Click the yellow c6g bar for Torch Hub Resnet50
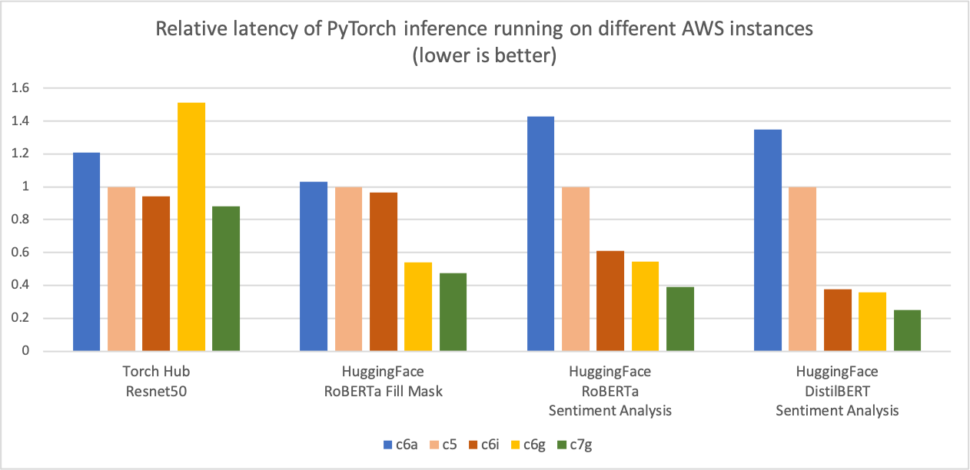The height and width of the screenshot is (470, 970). [191, 227]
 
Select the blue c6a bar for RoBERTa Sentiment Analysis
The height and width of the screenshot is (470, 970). [540, 233]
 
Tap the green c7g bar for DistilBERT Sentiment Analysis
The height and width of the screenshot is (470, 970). [907, 330]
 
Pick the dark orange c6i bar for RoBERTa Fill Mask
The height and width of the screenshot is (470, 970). [384, 272]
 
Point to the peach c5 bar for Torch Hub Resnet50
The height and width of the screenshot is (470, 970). [121, 269]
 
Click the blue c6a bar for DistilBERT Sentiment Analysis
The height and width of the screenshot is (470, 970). [768, 240]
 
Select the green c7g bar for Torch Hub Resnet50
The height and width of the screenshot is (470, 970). [226, 279]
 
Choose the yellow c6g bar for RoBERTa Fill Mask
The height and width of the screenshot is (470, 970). [418, 306]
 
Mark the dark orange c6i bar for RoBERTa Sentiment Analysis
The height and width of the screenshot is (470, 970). [610, 301]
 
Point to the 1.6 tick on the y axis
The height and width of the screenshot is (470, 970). [19, 88]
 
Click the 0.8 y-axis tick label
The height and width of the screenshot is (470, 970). [19, 220]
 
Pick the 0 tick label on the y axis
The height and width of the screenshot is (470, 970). [25, 352]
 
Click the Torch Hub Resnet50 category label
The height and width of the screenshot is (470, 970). [156, 381]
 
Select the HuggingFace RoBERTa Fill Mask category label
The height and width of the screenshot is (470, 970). [383, 381]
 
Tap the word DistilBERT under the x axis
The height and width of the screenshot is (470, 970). [837, 391]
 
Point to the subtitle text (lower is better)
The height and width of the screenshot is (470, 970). [485, 57]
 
